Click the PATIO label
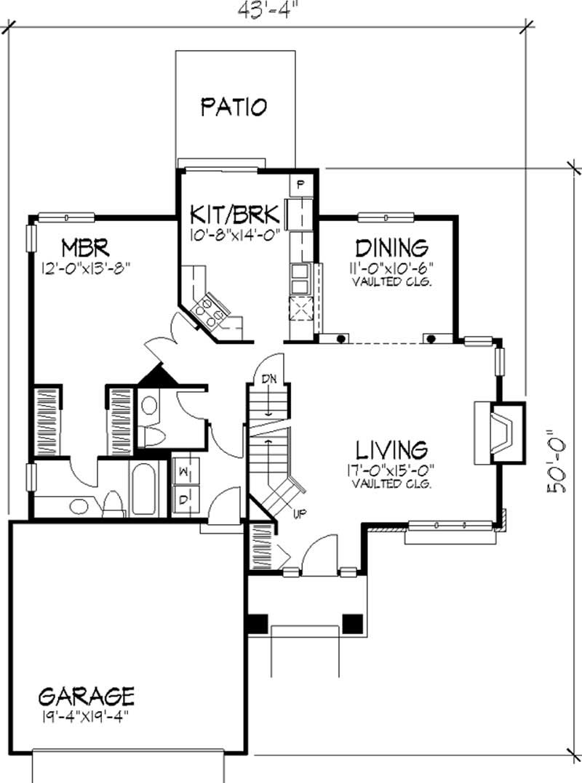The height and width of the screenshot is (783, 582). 234,107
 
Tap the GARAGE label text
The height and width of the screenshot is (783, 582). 86,696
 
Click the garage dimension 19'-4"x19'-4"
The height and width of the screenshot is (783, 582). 86,715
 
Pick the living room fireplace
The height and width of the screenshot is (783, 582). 498,433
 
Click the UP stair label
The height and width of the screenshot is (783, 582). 298,515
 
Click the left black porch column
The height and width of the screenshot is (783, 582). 258,624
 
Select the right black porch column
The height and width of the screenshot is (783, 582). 352,624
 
